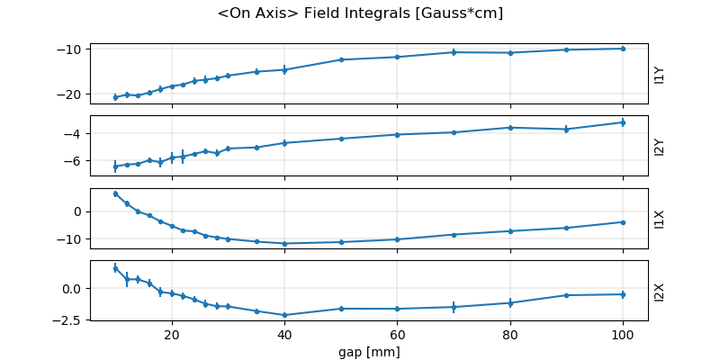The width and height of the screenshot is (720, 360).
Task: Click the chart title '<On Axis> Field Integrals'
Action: click(360, 13)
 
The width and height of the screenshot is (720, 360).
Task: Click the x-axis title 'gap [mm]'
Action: click(369, 351)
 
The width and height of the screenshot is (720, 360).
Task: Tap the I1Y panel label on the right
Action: click(660, 75)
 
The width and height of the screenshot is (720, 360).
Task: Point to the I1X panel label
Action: click(660, 219)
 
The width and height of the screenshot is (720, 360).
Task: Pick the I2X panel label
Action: click(660, 291)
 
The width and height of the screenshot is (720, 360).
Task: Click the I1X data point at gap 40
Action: click(284, 244)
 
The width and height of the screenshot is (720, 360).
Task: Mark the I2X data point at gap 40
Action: click(284, 315)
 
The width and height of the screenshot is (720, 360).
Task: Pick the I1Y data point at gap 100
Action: click(623, 49)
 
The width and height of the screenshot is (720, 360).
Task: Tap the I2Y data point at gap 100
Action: click(623, 122)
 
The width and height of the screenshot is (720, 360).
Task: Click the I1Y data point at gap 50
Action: click(341, 59)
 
